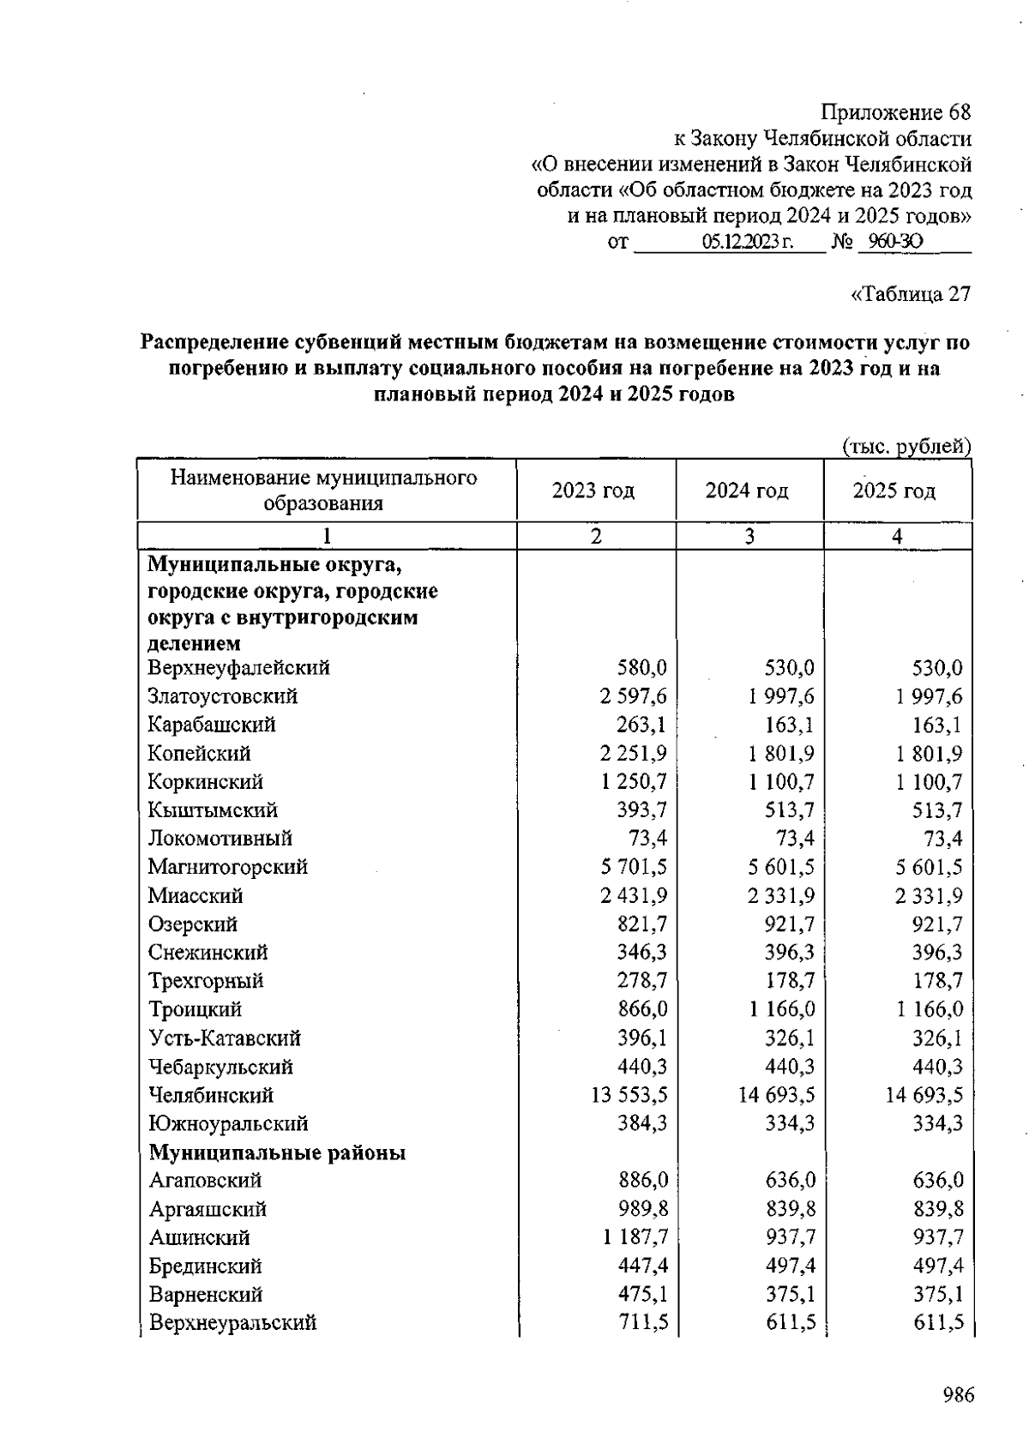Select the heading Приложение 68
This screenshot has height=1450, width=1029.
(896, 112)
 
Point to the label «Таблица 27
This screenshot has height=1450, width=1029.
(911, 294)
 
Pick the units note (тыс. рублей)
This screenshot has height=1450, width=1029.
(906, 446)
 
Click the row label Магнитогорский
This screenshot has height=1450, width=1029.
(227, 867)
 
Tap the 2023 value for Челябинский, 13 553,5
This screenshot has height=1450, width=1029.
(629, 1095)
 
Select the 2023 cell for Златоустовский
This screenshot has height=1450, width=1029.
(634, 696)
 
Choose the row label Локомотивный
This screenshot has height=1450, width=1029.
(220, 839)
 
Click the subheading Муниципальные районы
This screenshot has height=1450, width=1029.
(277, 1152)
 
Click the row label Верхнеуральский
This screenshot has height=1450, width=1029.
(233, 1323)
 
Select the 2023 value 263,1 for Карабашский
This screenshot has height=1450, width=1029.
(641, 725)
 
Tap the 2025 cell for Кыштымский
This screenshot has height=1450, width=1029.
(937, 810)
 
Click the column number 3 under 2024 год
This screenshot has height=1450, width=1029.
(749, 536)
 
